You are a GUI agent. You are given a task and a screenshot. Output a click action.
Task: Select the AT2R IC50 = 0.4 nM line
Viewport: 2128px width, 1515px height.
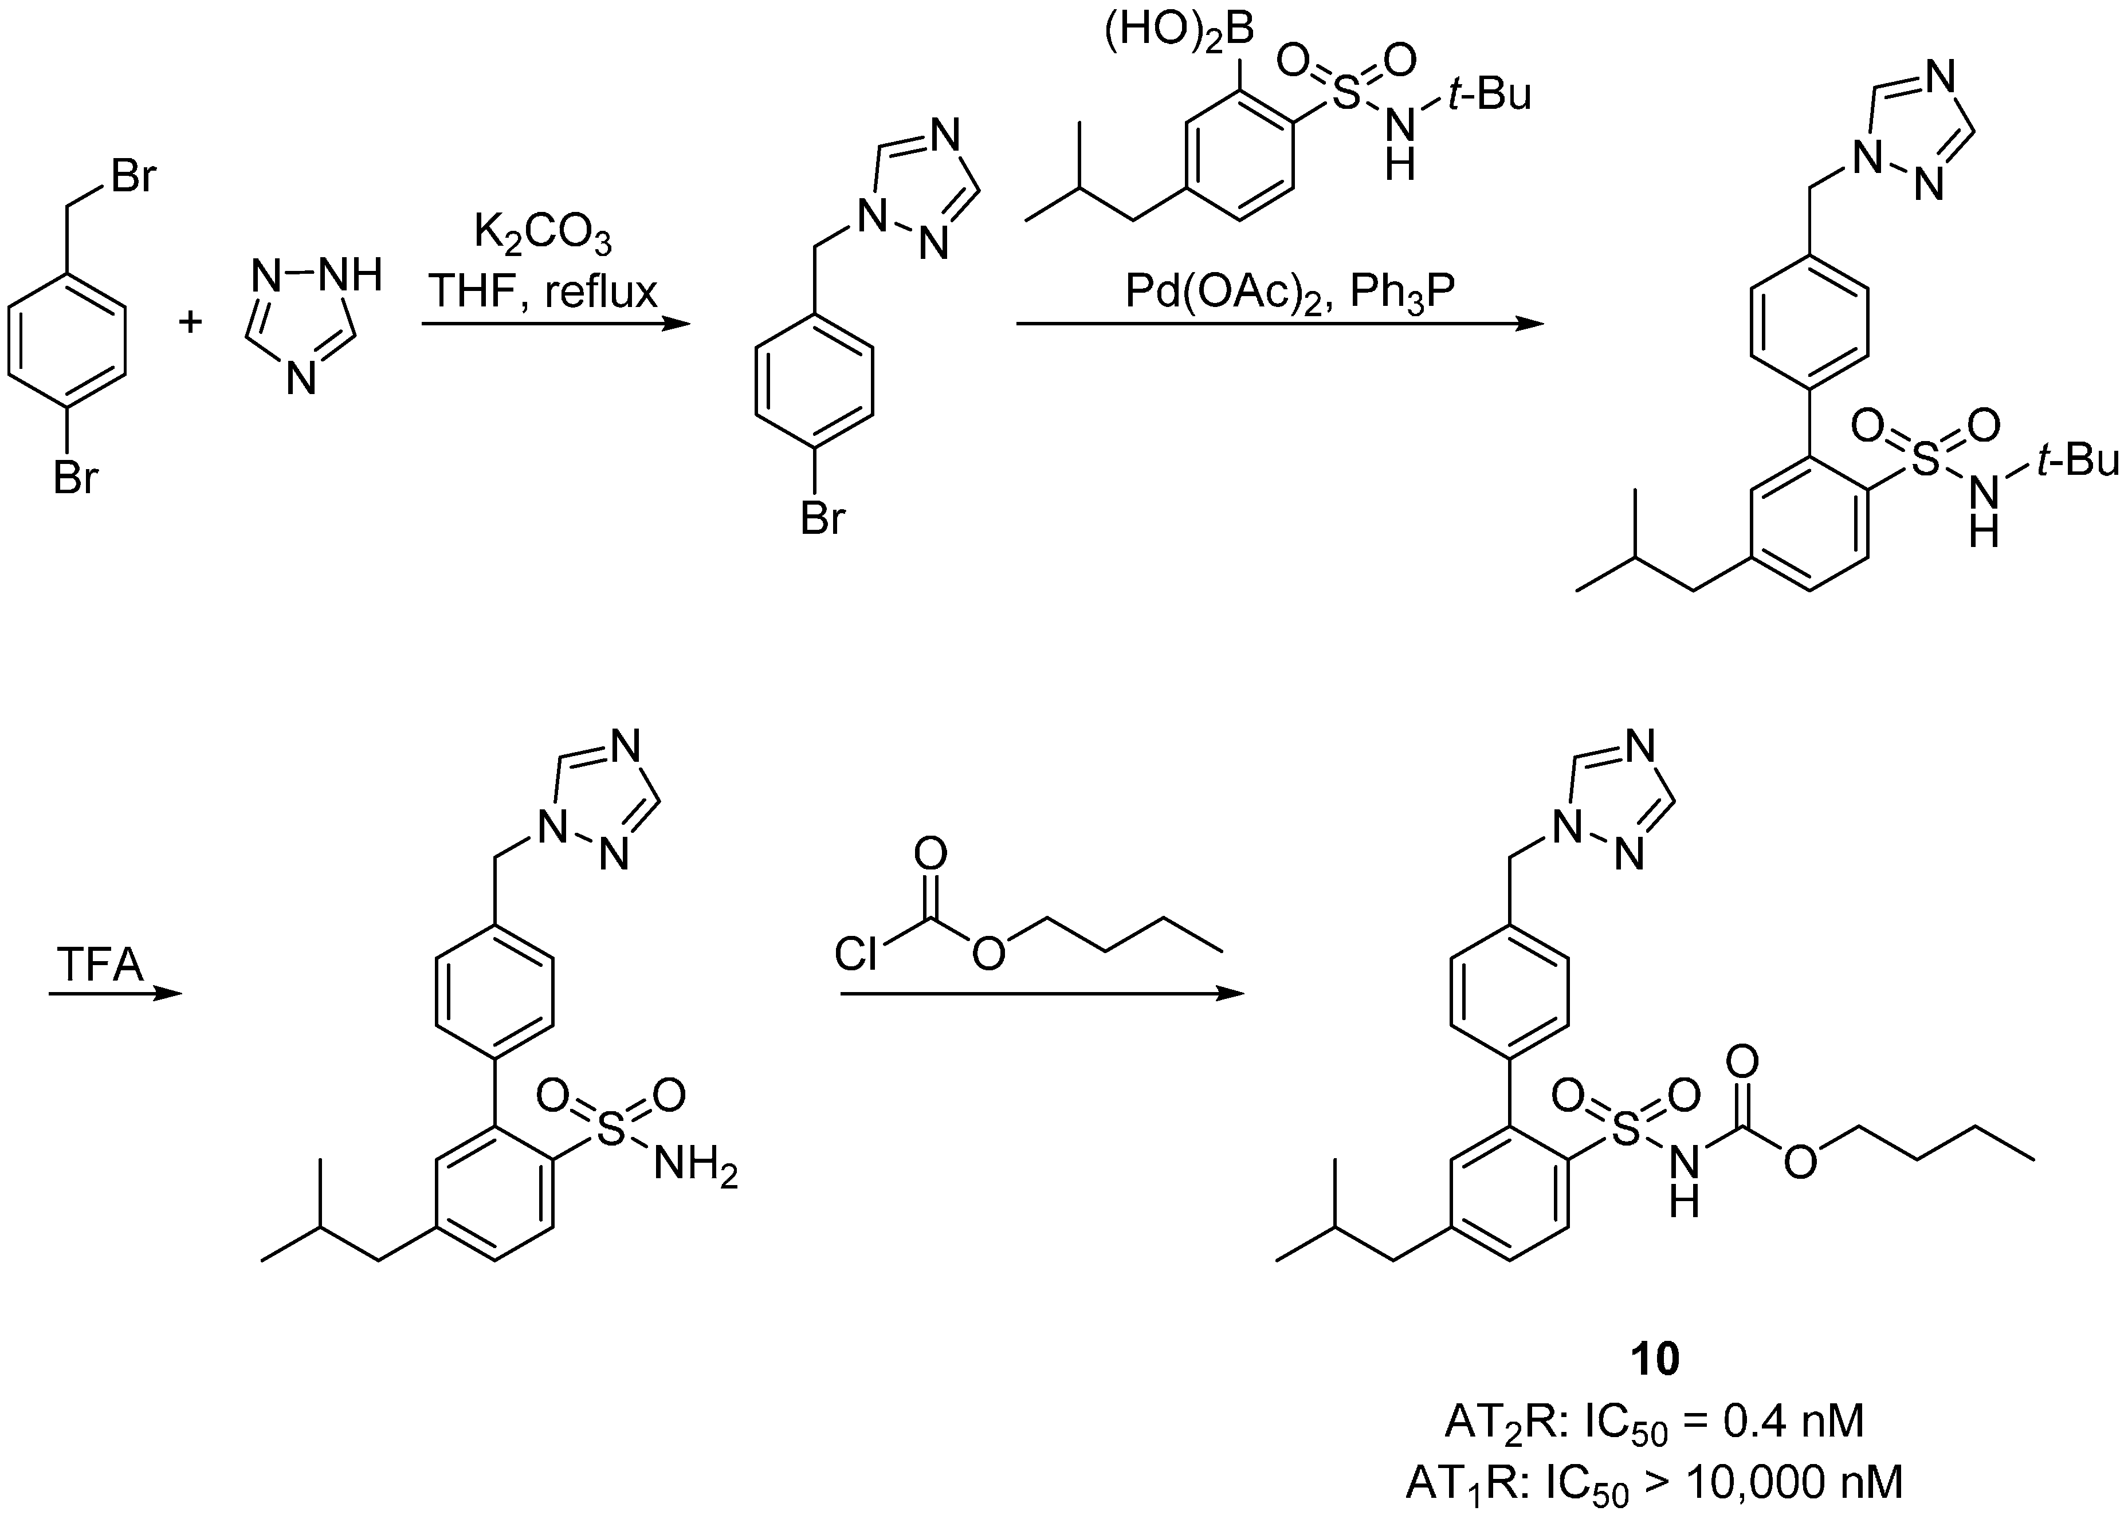coord(1654,1422)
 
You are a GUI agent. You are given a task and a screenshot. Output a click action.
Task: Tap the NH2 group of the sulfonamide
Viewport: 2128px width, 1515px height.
coord(695,1166)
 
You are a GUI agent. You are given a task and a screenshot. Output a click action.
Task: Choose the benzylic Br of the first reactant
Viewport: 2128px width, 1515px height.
coord(134,176)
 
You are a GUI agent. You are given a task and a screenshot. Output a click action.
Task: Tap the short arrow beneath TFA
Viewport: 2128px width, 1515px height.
coord(114,994)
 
